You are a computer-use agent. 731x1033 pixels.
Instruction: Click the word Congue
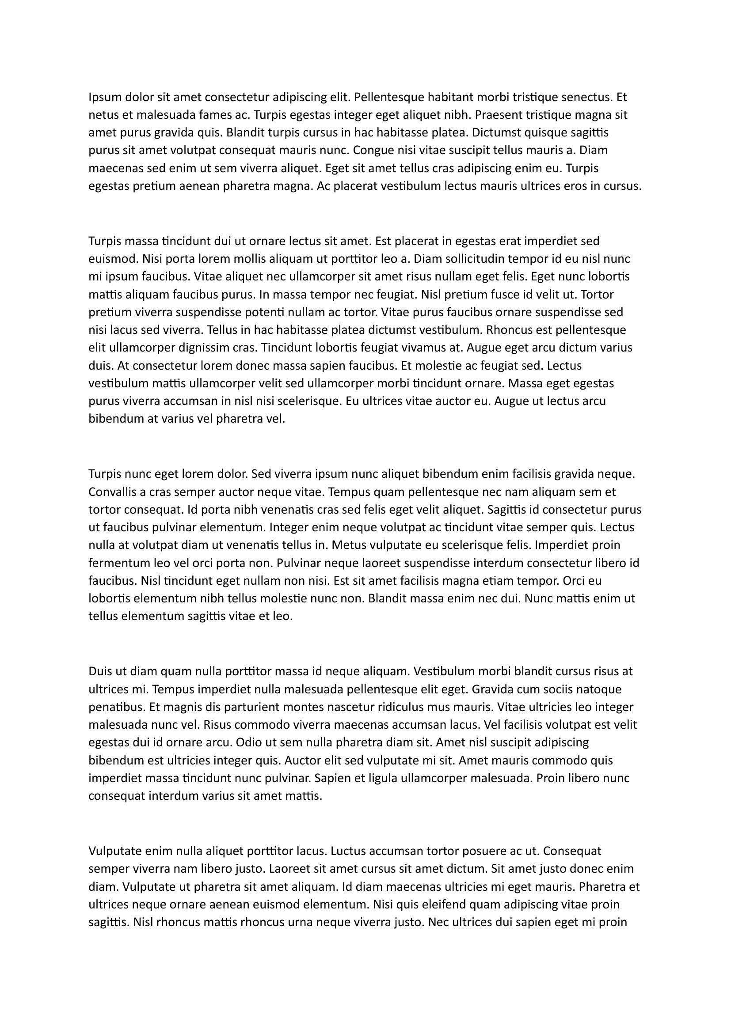376,151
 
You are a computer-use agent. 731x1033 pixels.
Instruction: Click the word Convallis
115,492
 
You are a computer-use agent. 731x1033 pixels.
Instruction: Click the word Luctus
350,851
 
